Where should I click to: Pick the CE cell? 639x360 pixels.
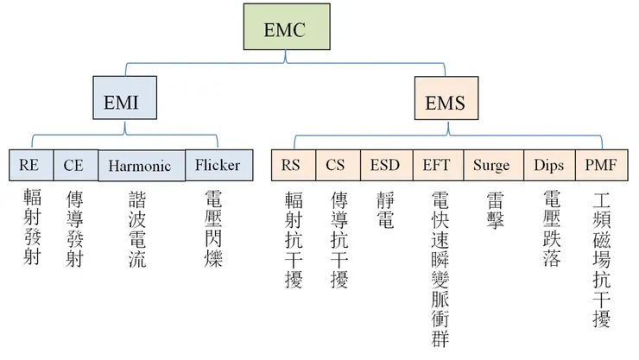74,165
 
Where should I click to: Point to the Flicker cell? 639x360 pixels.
217,165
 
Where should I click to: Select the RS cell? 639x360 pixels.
292,165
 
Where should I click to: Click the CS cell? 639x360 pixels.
335,165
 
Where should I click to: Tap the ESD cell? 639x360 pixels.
385,165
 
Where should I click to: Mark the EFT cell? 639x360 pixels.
437,165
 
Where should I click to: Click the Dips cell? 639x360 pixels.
548,165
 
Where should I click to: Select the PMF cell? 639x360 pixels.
600,165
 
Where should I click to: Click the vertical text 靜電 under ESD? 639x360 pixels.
385,210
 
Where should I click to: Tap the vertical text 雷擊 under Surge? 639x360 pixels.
495,210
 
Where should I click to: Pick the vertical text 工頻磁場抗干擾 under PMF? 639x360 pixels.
601,259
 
